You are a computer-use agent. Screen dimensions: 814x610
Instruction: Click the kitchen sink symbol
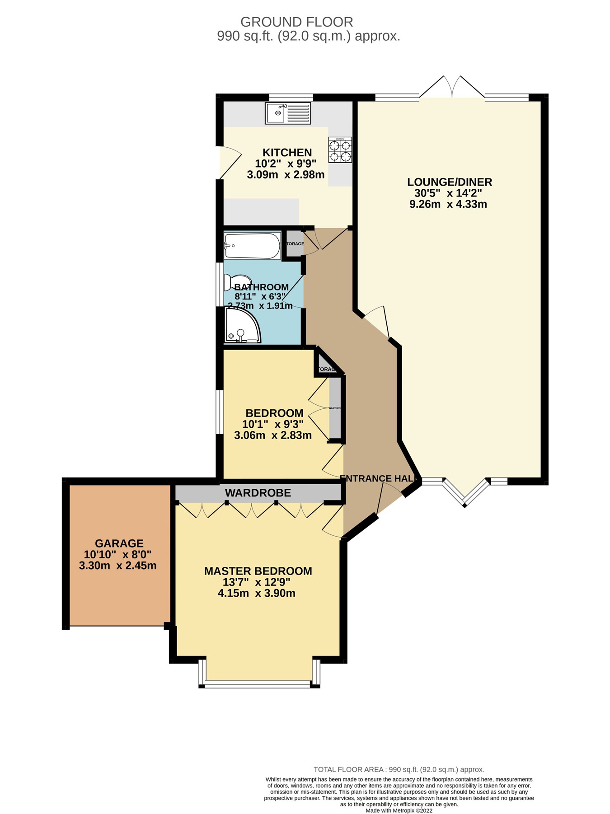tap(288, 113)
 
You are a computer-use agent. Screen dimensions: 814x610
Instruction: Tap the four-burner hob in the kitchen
tap(340, 150)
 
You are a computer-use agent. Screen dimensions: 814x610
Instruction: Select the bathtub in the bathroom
tap(252, 246)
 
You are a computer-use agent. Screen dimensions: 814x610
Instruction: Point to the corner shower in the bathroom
tap(242, 326)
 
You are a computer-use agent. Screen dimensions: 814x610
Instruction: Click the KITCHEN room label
tap(287, 153)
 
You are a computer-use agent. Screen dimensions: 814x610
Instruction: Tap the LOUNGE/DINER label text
tap(449, 182)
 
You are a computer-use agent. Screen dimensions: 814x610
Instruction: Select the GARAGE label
tap(119, 543)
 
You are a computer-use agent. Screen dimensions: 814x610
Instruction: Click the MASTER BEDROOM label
tap(258, 571)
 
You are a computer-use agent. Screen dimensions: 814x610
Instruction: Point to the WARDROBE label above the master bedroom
tap(258, 493)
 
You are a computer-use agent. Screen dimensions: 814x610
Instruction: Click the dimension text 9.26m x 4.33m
tap(448, 204)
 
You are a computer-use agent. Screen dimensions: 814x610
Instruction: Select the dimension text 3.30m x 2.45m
tap(117, 566)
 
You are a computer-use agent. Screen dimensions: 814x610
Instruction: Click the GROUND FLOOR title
tap(296, 22)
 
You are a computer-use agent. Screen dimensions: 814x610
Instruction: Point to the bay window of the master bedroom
tap(258, 684)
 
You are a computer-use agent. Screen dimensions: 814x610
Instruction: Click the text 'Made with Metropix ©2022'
tap(399, 810)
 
